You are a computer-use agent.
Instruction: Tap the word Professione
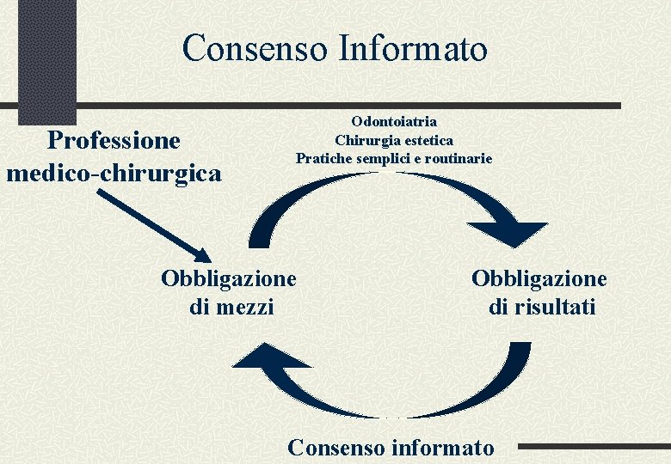[x=114, y=140]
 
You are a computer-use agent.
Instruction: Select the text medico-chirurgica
[x=114, y=173]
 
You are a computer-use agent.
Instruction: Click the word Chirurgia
[x=365, y=140]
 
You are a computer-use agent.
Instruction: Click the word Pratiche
[x=323, y=158]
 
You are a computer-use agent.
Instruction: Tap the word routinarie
[x=456, y=158]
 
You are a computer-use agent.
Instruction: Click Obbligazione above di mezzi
[x=228, y=278]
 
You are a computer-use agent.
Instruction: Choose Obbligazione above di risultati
[x=539, y=278]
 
